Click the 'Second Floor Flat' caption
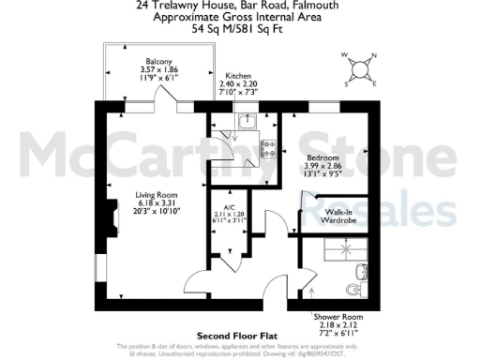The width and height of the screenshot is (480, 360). click(x=239, y=336)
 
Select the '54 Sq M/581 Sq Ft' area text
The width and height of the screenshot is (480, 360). click(x=240, y=29)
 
